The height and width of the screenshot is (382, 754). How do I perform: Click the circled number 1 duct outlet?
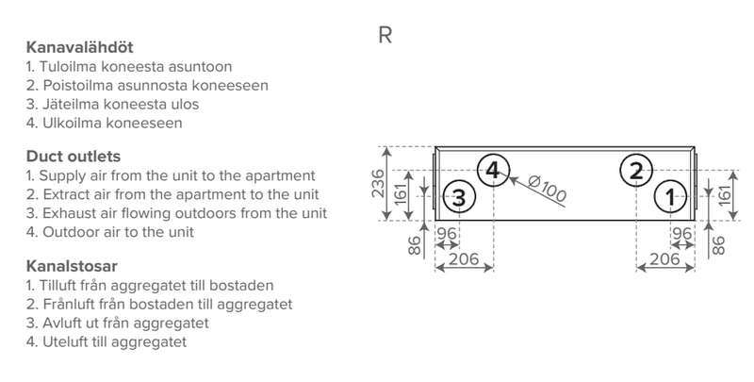tap(670, 198)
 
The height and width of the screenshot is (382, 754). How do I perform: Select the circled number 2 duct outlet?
tap(636, 171)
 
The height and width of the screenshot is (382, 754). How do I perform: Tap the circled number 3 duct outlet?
tap(459, 198)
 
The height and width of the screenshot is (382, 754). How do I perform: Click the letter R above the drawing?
tap(385, 37)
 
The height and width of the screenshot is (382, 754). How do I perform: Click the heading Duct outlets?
tap(73, 156)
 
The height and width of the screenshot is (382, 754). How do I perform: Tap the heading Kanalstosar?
tap(71, 265)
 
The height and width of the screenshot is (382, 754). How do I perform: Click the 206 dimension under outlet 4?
tap(464, 257)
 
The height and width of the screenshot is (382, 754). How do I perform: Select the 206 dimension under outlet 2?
tap(666, 257)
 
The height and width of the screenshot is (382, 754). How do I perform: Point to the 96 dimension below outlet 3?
tap(447, 234)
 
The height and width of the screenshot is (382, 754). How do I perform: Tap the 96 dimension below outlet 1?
tap(682, 234)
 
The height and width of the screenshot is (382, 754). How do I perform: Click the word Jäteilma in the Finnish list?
tap(68, 104)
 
